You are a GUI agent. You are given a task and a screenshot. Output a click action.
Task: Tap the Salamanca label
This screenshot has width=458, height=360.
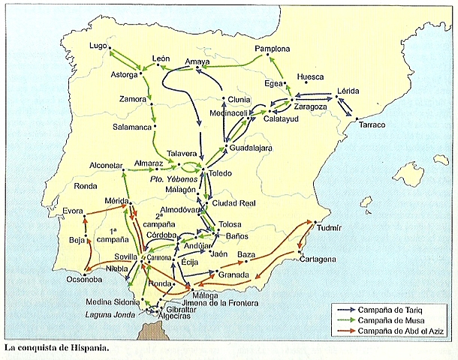point(128,127)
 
